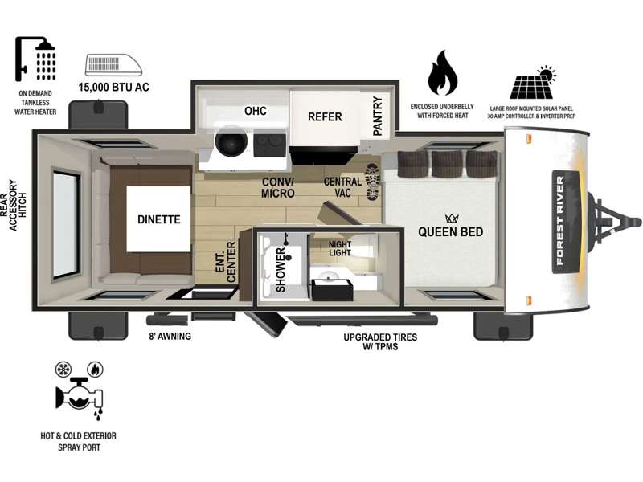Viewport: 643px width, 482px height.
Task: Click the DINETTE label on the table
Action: (x=158, y=219)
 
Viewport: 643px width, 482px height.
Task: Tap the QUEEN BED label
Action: (x=450, y=232)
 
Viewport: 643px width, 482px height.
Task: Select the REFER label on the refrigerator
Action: (x=325, y=117)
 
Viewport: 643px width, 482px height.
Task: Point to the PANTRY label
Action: (x=378, y=116)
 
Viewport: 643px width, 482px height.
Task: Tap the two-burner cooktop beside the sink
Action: (x=269, y=145)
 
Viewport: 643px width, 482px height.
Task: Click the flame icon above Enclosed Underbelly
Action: (x=442, y=72)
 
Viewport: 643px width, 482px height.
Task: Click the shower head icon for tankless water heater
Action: (x=35, y=59)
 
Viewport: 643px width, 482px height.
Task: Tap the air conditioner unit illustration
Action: (x=113, y=65)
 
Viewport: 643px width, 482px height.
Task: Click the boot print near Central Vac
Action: (x=373, y=182)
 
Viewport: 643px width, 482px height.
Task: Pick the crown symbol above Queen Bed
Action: (x=451, y=218)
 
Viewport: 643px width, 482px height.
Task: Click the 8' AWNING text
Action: (x=170, y=337)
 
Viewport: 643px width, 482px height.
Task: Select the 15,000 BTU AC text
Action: (x=113, y=88)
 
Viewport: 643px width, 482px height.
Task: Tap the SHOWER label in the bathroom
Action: (x=281, y=270)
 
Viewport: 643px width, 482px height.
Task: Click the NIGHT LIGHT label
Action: (x=339, y=249)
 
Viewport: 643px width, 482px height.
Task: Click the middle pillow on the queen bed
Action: (x=447, y=164)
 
